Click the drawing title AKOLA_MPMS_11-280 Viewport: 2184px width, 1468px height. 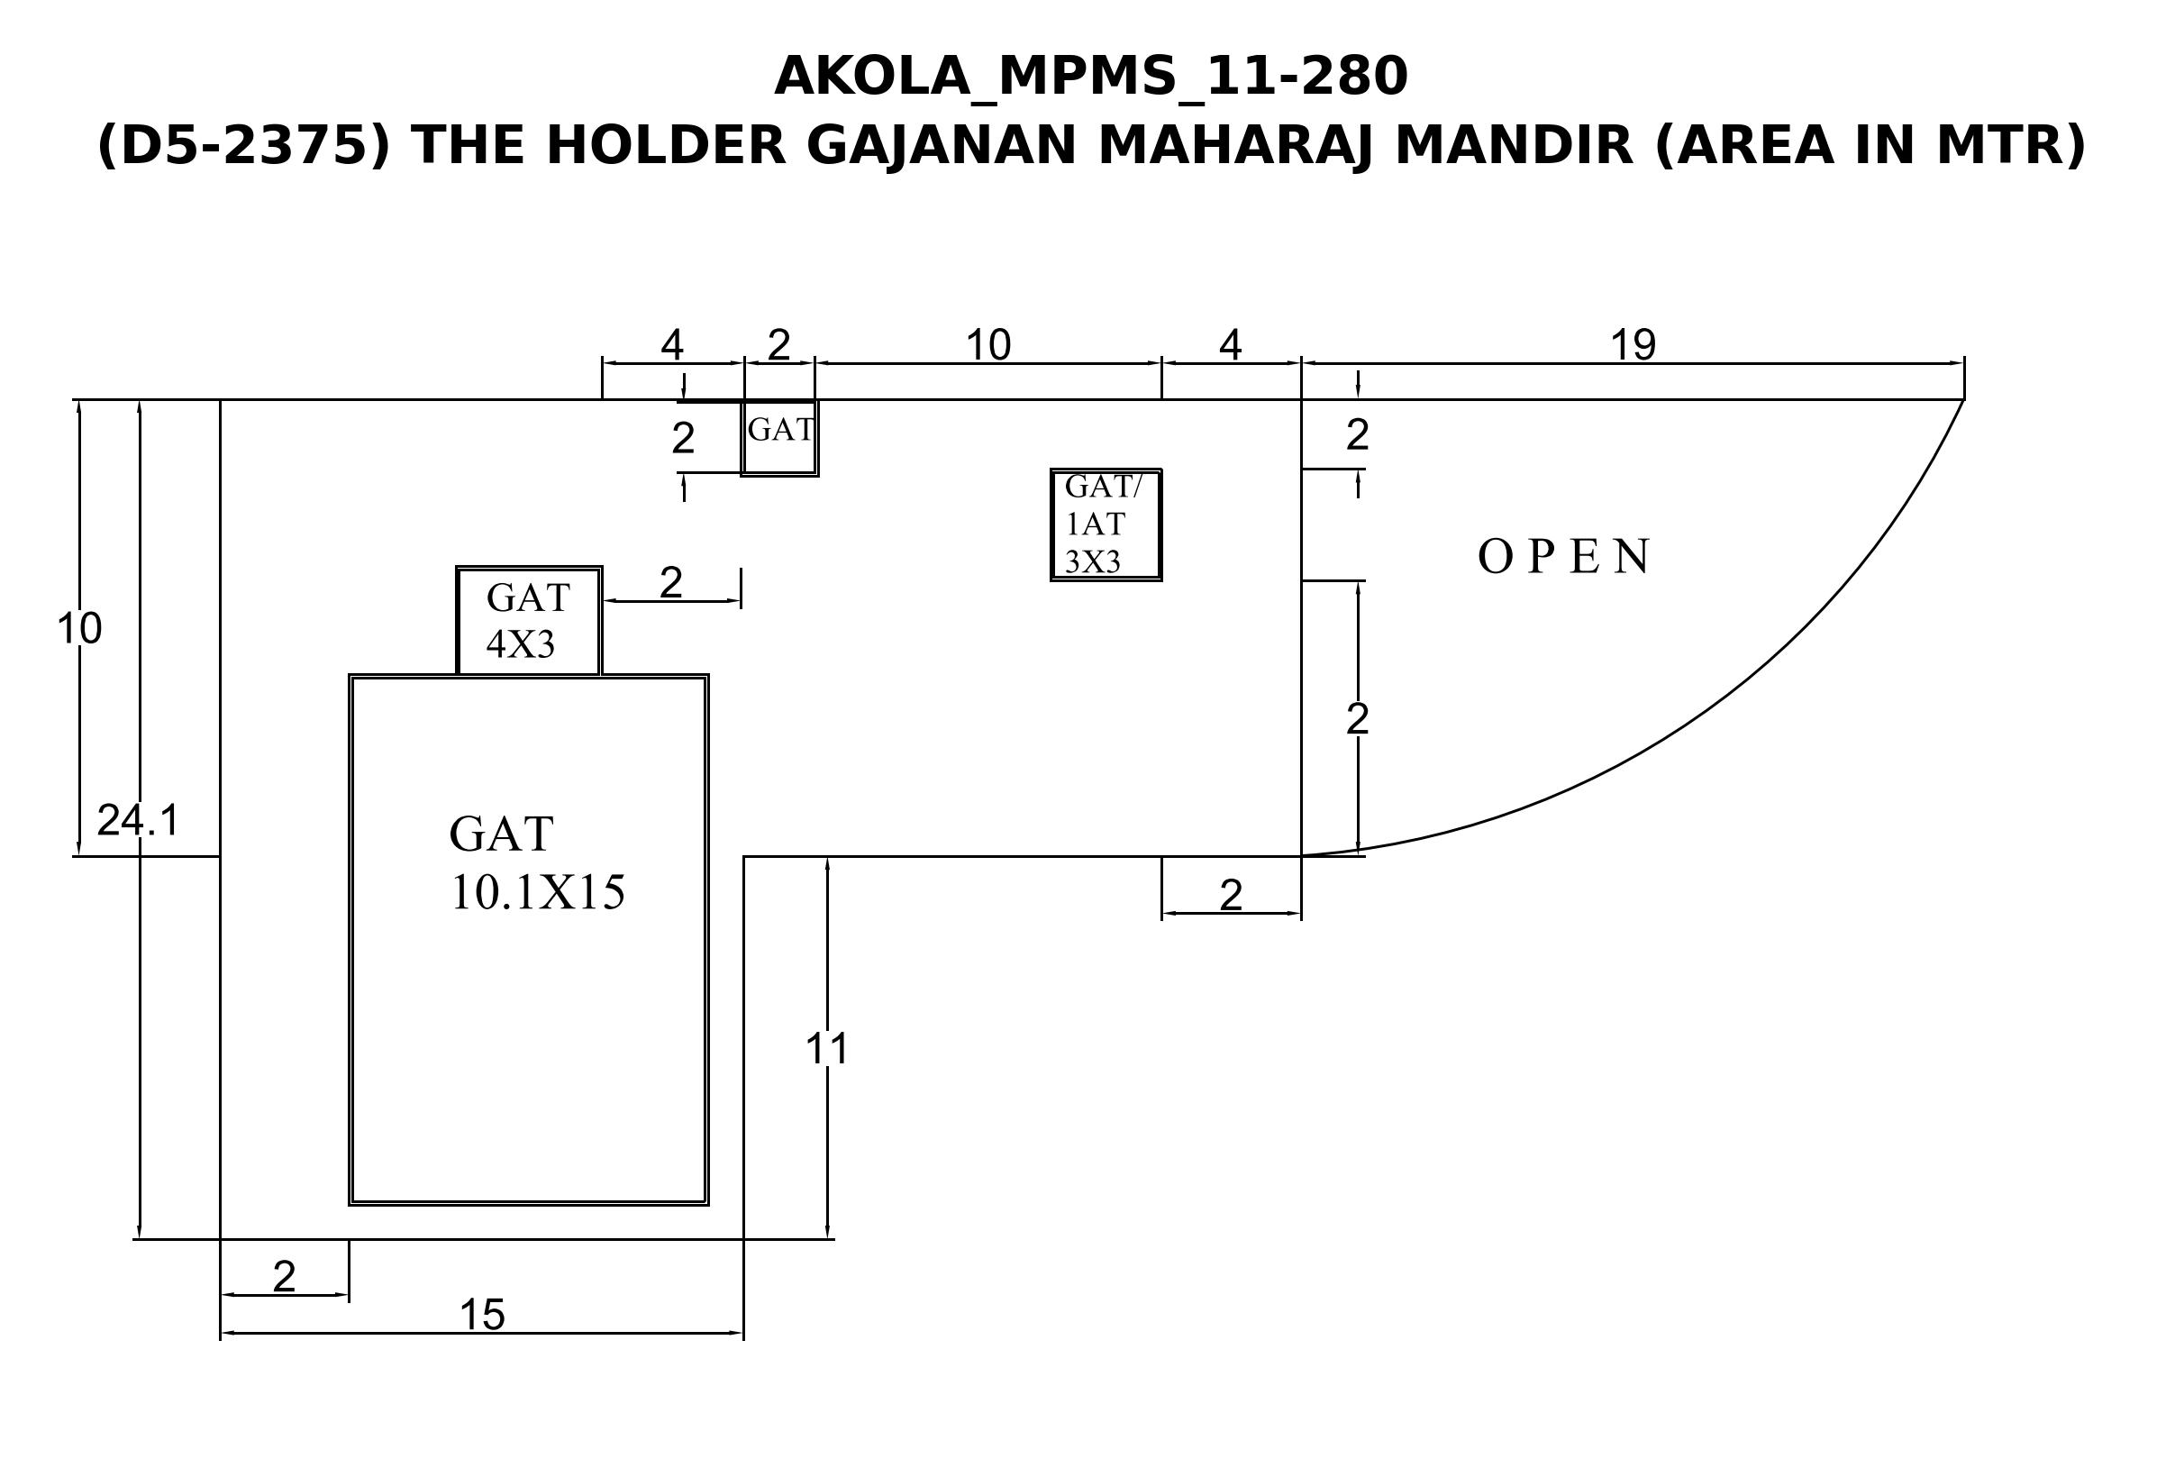point(1090,77)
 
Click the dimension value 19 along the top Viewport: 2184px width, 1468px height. point(1633,345)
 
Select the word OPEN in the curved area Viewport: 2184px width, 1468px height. point(1563,556)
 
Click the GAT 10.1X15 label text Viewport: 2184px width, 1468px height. point(536,862)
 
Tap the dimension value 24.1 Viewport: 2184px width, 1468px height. point(138,820)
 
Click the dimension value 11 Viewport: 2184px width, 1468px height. point(826,1049)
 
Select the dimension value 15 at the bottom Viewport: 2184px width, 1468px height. point(482,1316)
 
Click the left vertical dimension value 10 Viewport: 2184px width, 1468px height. point(78,628)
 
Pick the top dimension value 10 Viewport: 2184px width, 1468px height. point(987,345)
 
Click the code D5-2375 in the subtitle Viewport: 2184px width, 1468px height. point(242,146)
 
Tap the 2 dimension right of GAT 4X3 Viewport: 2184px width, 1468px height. point(671,583)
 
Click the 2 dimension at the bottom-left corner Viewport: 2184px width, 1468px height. point(284,1276)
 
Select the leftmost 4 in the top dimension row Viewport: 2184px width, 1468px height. point(672,345)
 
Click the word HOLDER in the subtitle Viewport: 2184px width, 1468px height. point(665,146)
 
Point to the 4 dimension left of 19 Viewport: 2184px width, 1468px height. point(1230,345)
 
